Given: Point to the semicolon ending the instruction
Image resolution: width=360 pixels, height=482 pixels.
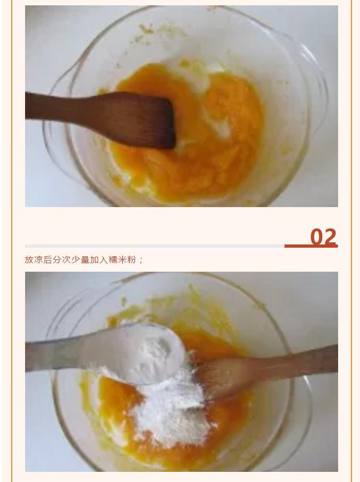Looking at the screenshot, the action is [141, 260].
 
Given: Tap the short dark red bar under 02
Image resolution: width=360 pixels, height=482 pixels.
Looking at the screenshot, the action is [311, 246].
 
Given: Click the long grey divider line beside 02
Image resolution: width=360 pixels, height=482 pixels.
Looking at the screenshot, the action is [155, 246].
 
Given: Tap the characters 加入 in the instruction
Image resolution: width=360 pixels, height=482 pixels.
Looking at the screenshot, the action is [99, 260].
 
